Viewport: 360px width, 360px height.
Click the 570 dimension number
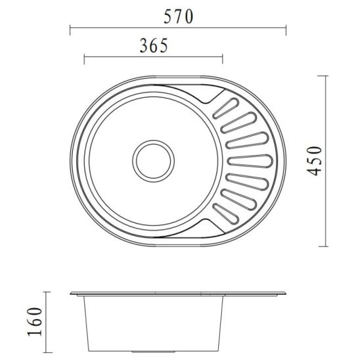[x=179, y=17]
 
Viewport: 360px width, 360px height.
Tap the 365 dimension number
[x=154, y=45]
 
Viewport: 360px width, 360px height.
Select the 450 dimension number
[x=314, y=161]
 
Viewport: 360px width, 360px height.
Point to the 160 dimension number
[x=35, y=322]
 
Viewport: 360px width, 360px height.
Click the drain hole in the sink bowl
[x=153, y=161]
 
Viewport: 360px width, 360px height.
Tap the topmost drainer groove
[x=226, y=108]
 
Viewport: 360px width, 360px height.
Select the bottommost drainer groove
[x=226, y=214]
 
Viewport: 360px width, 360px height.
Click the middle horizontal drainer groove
[x=250, y=161]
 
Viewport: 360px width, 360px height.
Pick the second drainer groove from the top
[x=238, y=123]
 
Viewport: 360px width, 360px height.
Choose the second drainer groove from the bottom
[x=238, y=199]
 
